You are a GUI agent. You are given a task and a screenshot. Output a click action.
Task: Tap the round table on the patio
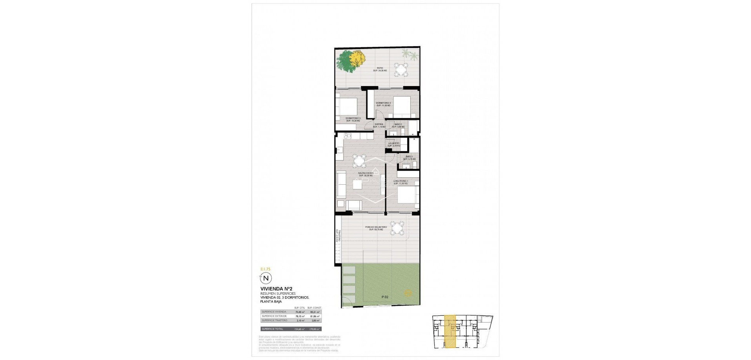[401, 70]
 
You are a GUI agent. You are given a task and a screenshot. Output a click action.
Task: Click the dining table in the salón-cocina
[85, 160]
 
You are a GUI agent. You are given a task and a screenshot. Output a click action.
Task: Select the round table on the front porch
[398, 228]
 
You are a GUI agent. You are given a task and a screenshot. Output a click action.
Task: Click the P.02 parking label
[385, 297]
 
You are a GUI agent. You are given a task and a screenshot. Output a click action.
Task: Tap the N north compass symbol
[266, 278]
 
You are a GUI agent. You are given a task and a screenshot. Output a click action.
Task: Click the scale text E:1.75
[265, 269]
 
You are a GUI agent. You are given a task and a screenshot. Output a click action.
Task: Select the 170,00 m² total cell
[314, 329]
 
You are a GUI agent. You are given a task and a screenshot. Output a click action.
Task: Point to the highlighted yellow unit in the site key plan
[451, 331]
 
